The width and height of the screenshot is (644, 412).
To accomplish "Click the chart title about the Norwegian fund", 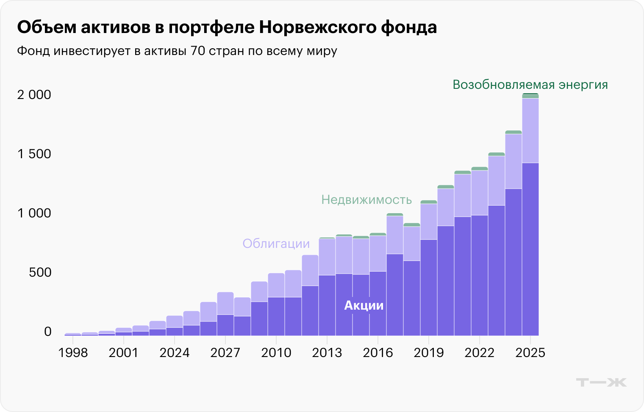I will (x=227, y=27).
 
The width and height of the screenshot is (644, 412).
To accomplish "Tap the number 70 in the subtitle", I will (x=198, y=51).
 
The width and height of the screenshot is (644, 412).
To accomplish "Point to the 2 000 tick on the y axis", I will (x=34, y=94).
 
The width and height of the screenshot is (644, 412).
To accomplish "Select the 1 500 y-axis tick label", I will (x=34, y=154).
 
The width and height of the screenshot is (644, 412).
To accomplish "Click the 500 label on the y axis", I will (x=40, y=272).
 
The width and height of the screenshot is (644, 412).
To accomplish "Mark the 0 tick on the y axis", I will (x=47, y=331).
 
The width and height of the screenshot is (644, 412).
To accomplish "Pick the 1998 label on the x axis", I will (x=73, y=352).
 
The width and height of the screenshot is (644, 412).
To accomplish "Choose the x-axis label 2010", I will (x=276, y=352).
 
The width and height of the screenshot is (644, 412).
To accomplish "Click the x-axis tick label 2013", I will (x=327, y=352).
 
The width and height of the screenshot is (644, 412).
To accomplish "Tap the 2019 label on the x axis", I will (x=429, y=352).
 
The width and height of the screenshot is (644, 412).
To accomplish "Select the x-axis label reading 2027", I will (x=225, y=352).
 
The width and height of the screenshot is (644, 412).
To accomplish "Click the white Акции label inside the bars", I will (x=364, y=305).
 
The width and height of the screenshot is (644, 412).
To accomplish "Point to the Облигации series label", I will (x=276, y=244).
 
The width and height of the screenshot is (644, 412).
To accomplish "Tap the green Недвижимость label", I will (x=366, y=200).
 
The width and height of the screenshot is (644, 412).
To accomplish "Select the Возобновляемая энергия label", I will (x=530, y=85).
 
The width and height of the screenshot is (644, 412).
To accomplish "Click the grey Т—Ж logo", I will (x=601, y=382).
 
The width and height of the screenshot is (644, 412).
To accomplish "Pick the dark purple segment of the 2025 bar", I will (x=530, y=250).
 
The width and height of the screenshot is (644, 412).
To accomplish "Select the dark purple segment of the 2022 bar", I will (x=479, y=275).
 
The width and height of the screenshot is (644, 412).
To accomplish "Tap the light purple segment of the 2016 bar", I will (x=378, y=253).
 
